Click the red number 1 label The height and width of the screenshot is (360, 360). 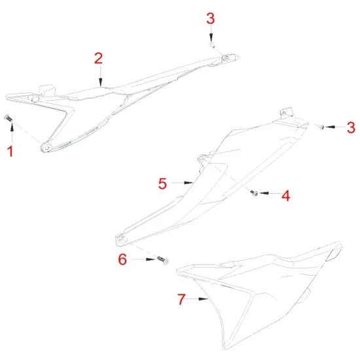click(x=9, y=152)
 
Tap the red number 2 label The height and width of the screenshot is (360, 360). click(x=98, y=58)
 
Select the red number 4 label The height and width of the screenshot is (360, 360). click(x=285, y=195)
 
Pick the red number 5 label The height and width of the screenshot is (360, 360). click(x=163, y=184)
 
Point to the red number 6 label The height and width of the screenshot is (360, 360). click(x=122, y=261)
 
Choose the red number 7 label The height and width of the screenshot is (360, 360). click(x=181, y=300)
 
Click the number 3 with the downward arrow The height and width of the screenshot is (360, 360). click(x=210, y=18)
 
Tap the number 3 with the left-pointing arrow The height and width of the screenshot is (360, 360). click(x=351, y=126)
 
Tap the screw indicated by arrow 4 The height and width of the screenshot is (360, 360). click(x=255, y=192)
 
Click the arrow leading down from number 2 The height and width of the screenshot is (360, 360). click(x=98, y=76)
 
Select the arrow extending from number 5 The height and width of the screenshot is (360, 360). click(x=183, y=184)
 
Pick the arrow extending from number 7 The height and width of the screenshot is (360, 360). click(x=200, y=300)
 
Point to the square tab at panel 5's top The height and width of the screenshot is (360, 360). click(x=285, y=113)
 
